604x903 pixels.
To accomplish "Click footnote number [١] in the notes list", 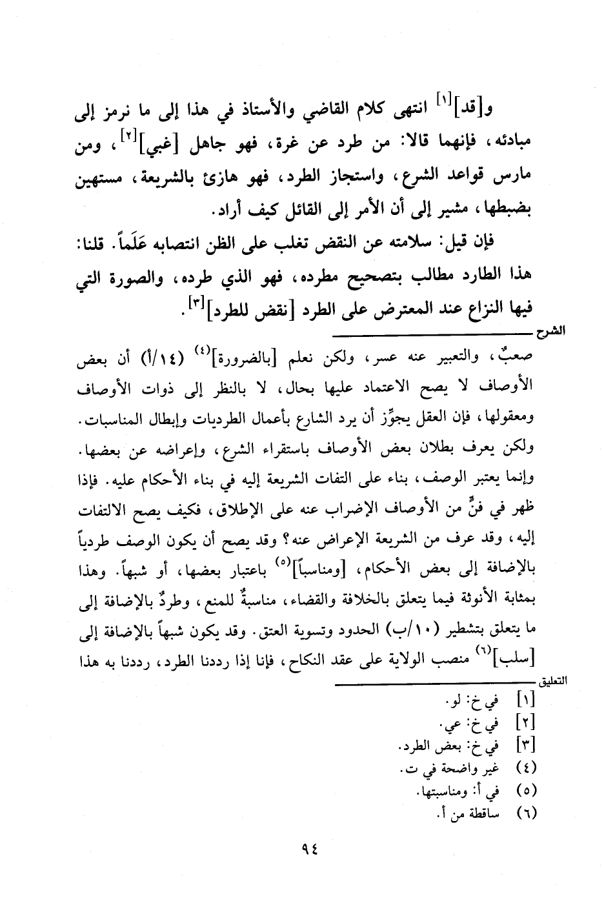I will pos(525,700).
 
